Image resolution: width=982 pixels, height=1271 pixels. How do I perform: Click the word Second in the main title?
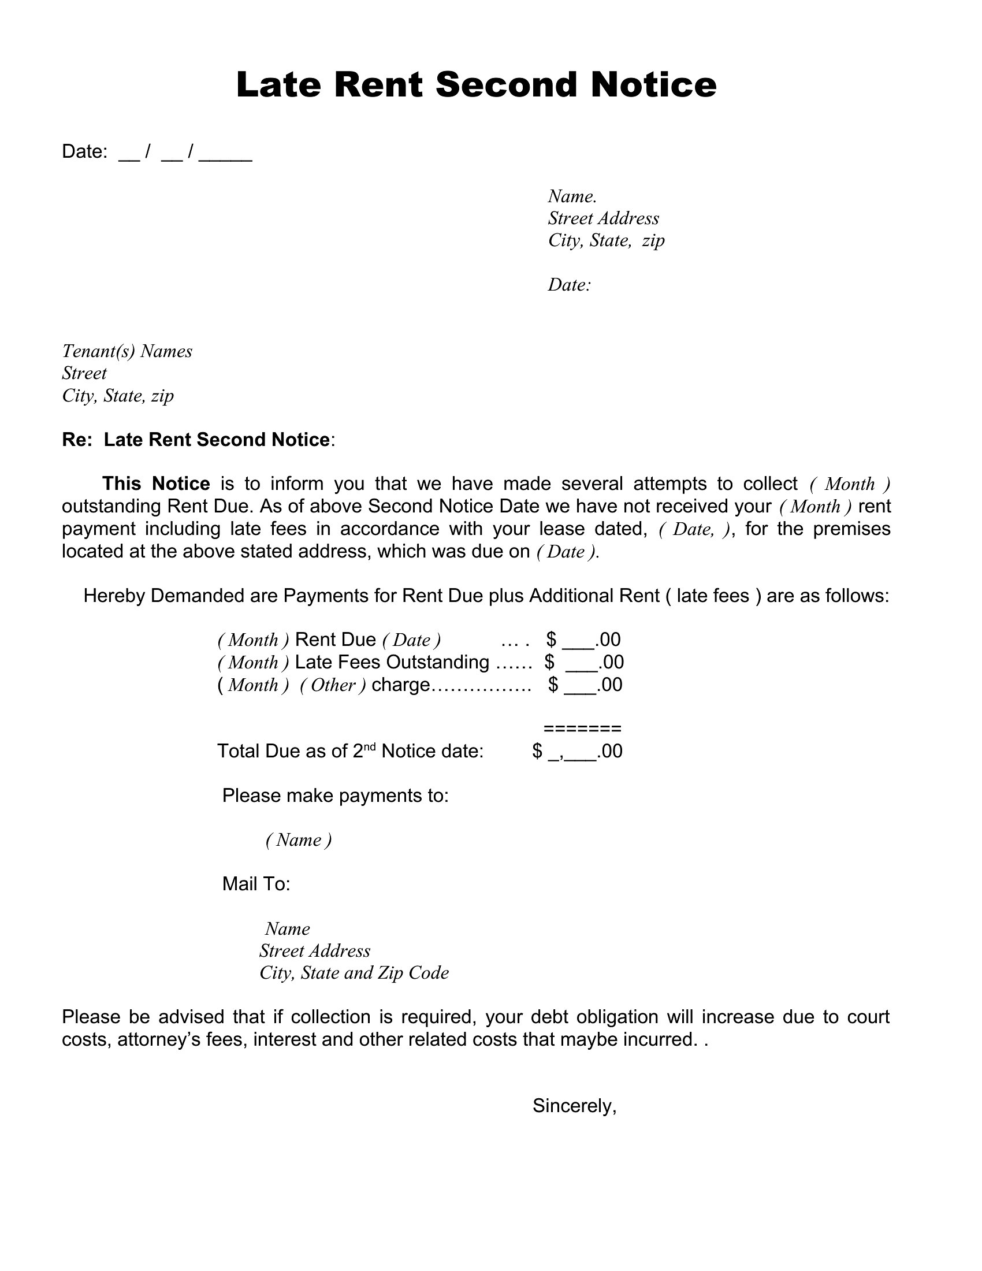coord(505,84)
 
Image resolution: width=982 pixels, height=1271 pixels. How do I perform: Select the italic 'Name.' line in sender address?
coord(572,196)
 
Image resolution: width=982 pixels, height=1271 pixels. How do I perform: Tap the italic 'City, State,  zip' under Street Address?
coord(606,240)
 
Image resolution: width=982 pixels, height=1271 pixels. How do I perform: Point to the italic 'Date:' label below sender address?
coord(570,285)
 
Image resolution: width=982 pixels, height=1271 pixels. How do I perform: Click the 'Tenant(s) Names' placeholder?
coord(128,351)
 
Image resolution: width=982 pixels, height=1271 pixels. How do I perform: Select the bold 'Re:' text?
coord(77,440)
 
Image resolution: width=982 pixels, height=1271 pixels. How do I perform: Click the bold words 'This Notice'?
coord(156,484)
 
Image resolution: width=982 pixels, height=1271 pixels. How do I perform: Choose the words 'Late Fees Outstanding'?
coord(392,661)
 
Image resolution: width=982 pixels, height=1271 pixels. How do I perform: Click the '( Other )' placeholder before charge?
coord(333,685)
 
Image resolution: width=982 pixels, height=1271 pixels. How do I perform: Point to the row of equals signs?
coord(582,729)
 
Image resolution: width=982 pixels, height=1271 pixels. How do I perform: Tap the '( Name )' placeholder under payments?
coord(299,840)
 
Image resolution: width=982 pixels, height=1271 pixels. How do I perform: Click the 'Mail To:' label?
coord(256,884)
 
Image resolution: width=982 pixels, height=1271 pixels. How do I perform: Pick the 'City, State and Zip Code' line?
coord(354,972)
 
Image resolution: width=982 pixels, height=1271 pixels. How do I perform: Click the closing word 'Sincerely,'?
coord(574,1106)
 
